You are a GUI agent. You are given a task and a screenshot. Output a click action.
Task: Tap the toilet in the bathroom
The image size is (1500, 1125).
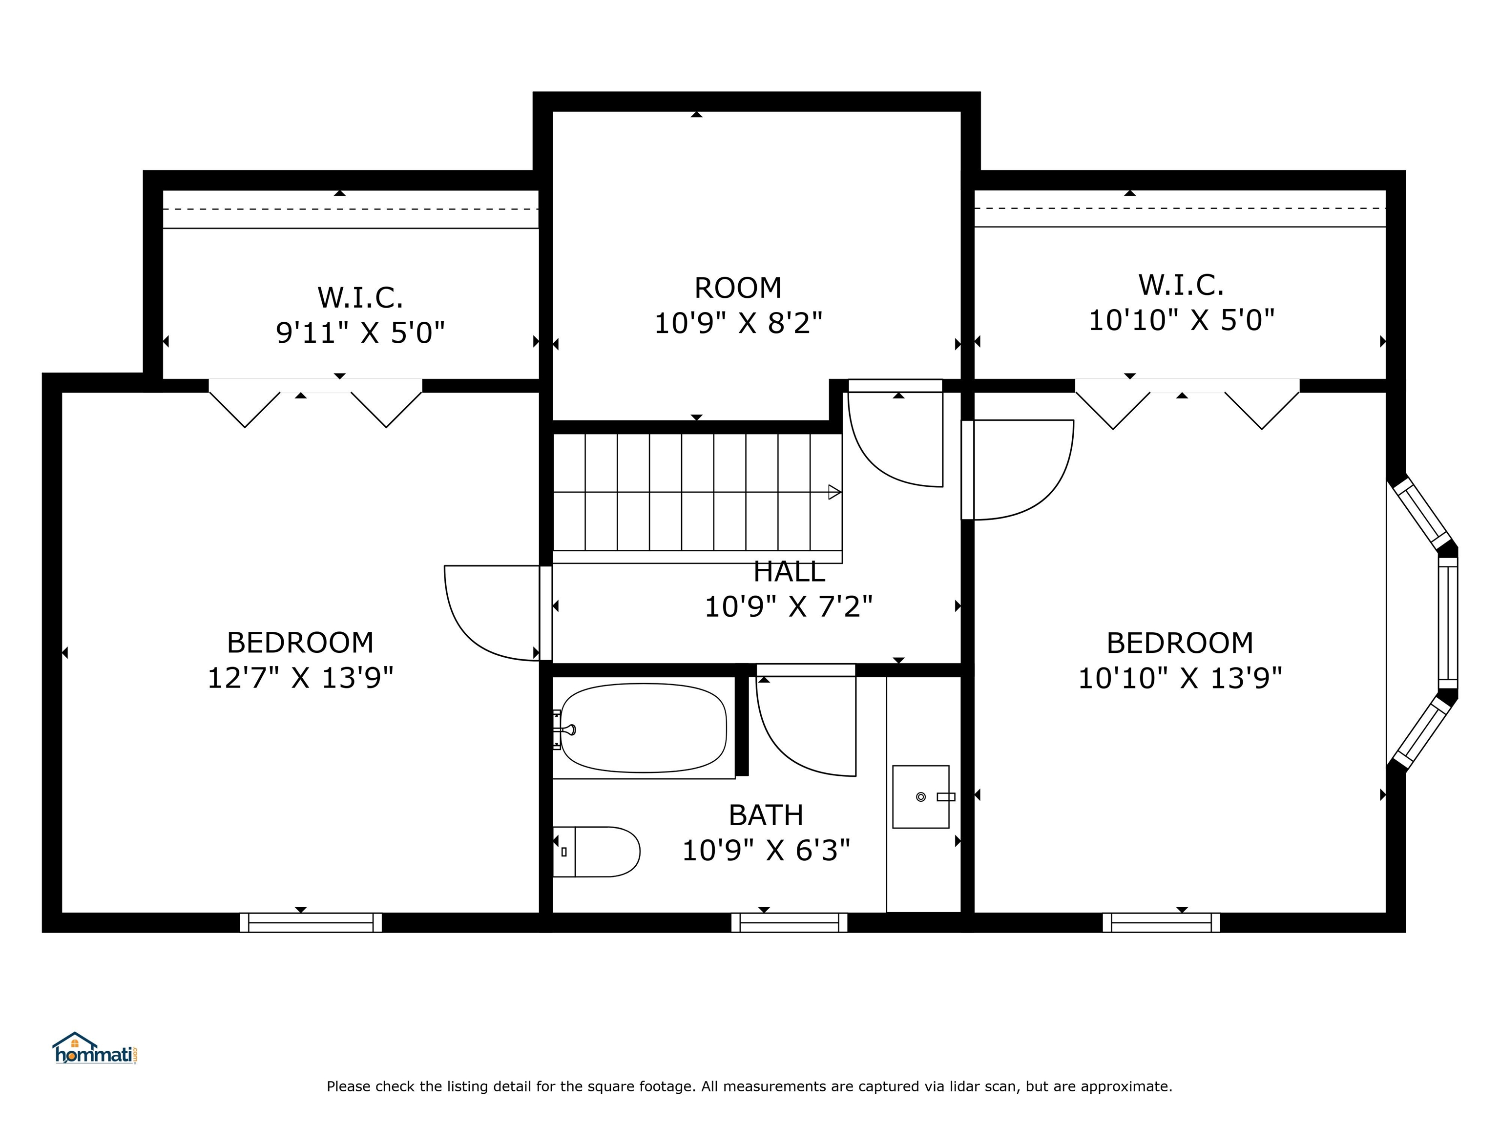tap(597, 852)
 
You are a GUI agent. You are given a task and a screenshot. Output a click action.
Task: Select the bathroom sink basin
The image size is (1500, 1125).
tap(921, 797)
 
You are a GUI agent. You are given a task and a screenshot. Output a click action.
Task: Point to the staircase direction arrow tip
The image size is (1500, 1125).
tap(841, 492)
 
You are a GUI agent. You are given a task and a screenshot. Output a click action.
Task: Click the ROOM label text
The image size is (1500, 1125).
tap(738, 288)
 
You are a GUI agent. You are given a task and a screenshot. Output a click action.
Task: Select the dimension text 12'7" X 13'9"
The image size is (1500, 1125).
tap(300, 677)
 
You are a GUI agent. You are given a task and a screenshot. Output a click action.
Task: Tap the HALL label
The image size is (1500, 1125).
tap(790, 572)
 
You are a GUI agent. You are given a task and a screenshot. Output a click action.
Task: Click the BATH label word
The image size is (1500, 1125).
tap(766, 815)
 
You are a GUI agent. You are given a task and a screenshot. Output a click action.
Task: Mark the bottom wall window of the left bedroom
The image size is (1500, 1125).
tap(311, 923)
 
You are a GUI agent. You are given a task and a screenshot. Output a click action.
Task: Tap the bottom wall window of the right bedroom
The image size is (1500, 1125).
tap(1162, 923)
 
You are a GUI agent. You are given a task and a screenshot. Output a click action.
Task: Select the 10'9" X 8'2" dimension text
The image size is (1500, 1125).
tap(738, 323)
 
